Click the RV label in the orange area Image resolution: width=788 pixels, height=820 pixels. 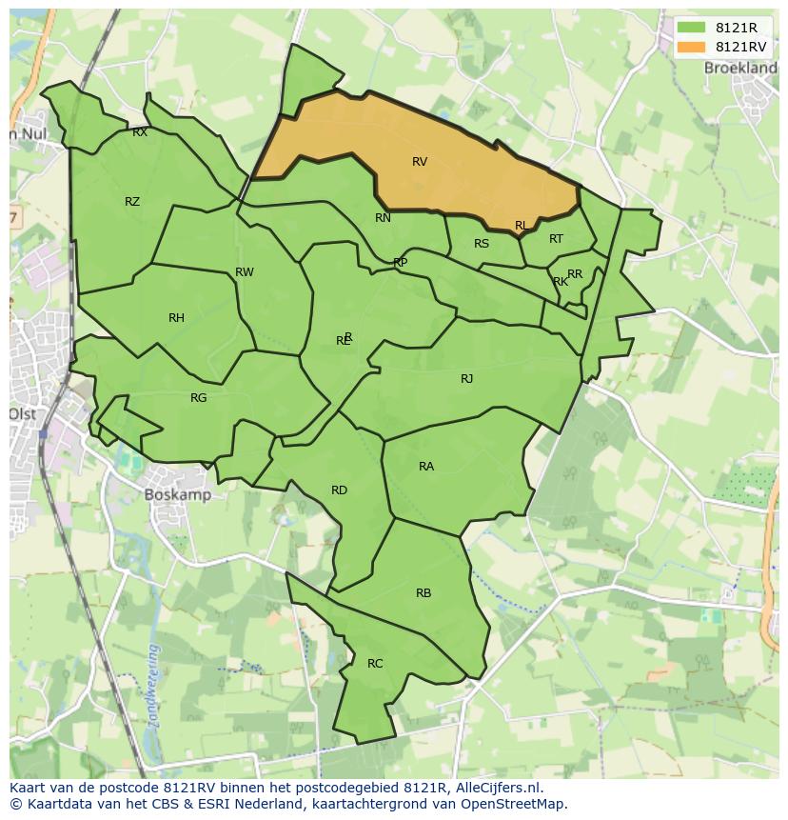[420, 162]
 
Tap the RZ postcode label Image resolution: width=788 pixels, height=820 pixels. [132, 202]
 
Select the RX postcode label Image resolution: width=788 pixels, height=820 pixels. [140, 133]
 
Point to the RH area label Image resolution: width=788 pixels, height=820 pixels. [176, 318]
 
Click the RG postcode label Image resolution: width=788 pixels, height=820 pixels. [198, 398]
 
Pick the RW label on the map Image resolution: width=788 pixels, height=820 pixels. [245, 272]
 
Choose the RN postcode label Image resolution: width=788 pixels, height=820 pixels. [383, 218]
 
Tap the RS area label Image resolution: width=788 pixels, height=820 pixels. [482, 244]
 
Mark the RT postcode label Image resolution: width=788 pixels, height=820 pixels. [556, 239]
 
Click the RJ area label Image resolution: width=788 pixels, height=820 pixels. [466, 379]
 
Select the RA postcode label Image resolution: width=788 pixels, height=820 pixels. [426, 467]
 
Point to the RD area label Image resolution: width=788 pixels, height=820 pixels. [339, 490]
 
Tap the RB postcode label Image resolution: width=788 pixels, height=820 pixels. [424, 593]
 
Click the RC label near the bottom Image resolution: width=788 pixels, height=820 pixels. [375, 664]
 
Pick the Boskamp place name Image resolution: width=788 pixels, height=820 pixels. [178, 495]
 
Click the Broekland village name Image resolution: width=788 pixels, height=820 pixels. [740, 69]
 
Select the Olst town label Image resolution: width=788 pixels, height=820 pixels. [23, 414]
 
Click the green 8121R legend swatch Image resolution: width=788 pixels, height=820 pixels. [691, 29]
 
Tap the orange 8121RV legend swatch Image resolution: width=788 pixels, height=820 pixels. [691, 47]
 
